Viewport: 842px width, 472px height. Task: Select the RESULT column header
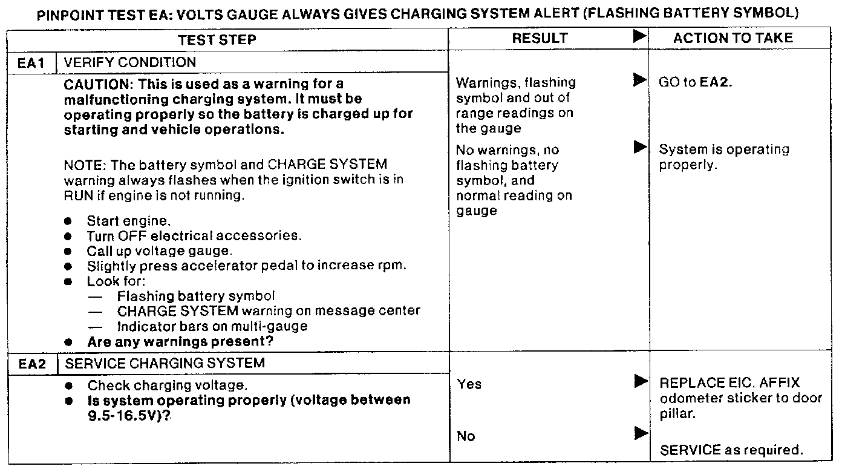pyautogui.click(x=540, y=38)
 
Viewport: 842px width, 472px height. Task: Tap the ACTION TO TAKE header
pyautogui.click(x=733, y=38)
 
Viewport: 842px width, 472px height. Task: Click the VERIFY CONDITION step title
pyautogui.click(x=129, y=62)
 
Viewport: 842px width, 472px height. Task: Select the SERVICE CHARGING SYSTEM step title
pyautogui.click(x=164, y=363)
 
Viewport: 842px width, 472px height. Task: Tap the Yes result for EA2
pyautogui.click(x=469, y=384)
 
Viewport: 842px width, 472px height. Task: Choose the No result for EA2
pyautogui.click(x=466, y=436)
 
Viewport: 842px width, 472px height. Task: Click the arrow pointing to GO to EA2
pyautogui.click(x=639, y=80)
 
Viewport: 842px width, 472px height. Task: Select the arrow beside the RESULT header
pyautogui.click(x=639, y=36)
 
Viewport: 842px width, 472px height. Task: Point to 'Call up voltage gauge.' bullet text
pyautogui.click(x=160, y=251)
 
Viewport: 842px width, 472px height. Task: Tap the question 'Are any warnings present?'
pyautogui.click(x=180, y=342)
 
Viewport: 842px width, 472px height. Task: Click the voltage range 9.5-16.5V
pyautogui.click(x=125, y=415)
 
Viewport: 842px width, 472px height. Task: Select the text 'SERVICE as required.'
pyautogui.click(x=731, y=450)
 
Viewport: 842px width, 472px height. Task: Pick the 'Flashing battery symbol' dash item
pyautogui.click(x=196, y=296)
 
